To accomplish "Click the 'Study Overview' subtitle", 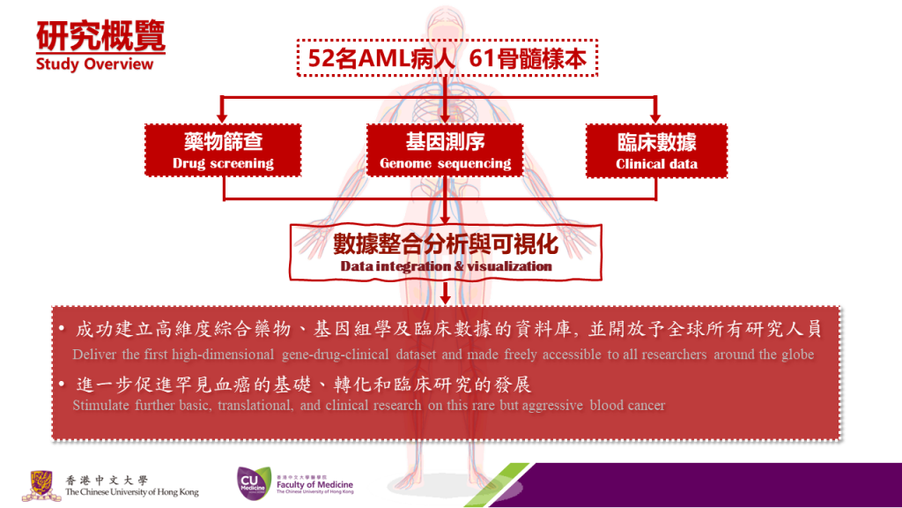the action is (x=94, y=63).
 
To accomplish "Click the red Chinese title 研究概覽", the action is (x=100, y=35).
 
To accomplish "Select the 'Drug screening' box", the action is (x=223, y=150).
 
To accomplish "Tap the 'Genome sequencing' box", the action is (x=445, y=150).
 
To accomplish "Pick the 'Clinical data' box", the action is (x=656, y=151).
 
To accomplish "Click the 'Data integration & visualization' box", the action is (x=445, y=253).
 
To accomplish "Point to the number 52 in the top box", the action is (x=321, y=59).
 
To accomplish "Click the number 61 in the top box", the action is (x=482, y=59).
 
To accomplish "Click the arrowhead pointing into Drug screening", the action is (x=223, y=117).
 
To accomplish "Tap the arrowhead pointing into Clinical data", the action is (x=655, y=117).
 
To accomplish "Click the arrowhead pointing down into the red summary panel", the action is (x=445, y=299).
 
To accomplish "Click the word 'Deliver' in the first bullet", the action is (x=93, y=355).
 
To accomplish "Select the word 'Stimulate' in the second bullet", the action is (x=100, y=405).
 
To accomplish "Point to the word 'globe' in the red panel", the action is (x=798, y=355).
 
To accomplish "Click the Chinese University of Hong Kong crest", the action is (x=41, y=485).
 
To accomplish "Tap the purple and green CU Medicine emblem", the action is (x=254, y=482).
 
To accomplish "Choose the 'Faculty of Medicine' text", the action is (x=314, y=485).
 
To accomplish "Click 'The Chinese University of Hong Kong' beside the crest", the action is (x=132, y=492).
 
